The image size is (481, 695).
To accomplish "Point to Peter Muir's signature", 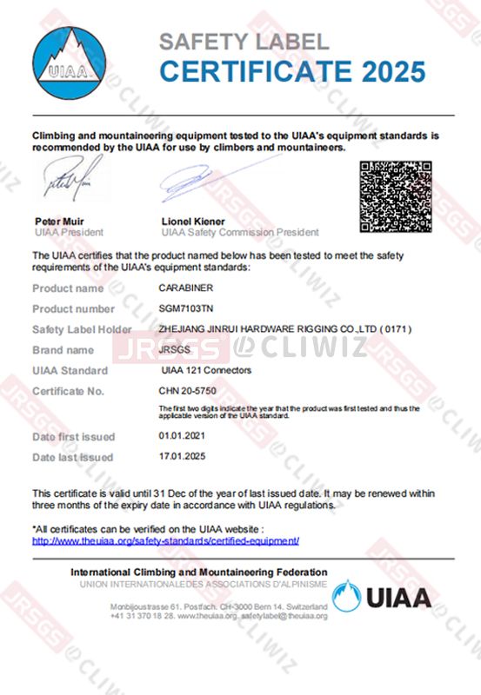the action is [63, 184].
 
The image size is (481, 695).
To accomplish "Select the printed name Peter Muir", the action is [58, 222].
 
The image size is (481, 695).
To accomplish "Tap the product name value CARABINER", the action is [184, 287].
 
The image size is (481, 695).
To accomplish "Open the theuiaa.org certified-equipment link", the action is [165, 539].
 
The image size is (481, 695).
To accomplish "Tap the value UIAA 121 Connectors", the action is [206, 371].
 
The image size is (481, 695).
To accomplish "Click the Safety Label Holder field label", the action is [82, 329].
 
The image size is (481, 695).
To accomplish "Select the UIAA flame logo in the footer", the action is [346, 596].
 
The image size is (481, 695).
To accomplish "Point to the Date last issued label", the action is [72, 457].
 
